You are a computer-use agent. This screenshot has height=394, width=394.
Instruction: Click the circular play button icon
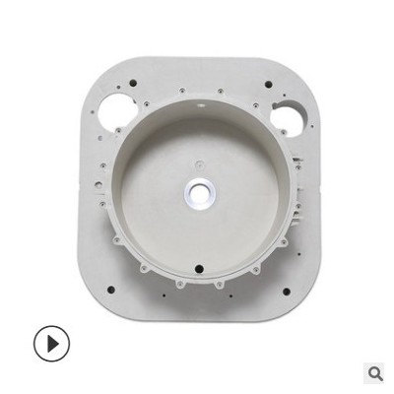(x=52, y=343)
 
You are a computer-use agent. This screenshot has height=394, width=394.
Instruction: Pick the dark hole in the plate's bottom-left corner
(x=110, y=290)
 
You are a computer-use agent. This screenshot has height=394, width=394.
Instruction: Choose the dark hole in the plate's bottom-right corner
(x=287, y=292)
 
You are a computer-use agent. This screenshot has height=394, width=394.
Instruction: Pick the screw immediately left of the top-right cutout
(x=263, y=109)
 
